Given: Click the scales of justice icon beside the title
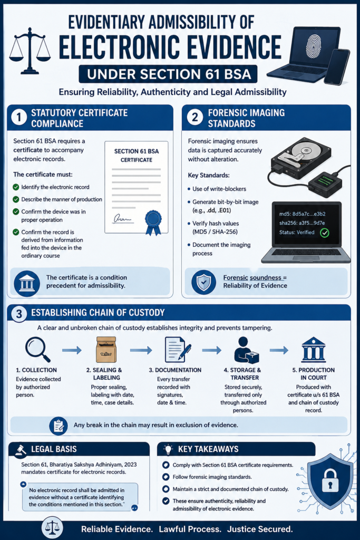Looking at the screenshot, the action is (30, 51).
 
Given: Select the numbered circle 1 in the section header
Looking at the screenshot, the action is (20, 118).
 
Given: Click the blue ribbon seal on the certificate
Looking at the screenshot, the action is (153, 222).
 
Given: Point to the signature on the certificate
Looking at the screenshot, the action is (122, 218).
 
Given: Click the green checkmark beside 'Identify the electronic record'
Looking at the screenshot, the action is (16, 187).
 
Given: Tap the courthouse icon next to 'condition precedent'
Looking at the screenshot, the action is (27, 283).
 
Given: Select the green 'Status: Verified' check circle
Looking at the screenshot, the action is (325, 233).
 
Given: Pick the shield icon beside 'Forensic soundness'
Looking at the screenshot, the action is (204, 282).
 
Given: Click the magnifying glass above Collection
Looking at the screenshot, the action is (37, 349).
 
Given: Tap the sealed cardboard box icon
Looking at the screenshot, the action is (106, 350).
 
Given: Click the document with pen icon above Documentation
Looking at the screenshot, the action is (178, 349).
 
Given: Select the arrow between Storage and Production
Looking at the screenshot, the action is (279, 350).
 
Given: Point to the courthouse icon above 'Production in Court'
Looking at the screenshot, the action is (313, 350).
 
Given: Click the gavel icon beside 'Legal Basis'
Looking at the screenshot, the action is (21, 450).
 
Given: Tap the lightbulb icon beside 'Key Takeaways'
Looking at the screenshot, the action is (168, 449).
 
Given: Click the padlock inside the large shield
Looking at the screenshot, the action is (330, 480).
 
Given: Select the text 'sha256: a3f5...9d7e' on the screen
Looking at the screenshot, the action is (301, 223).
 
